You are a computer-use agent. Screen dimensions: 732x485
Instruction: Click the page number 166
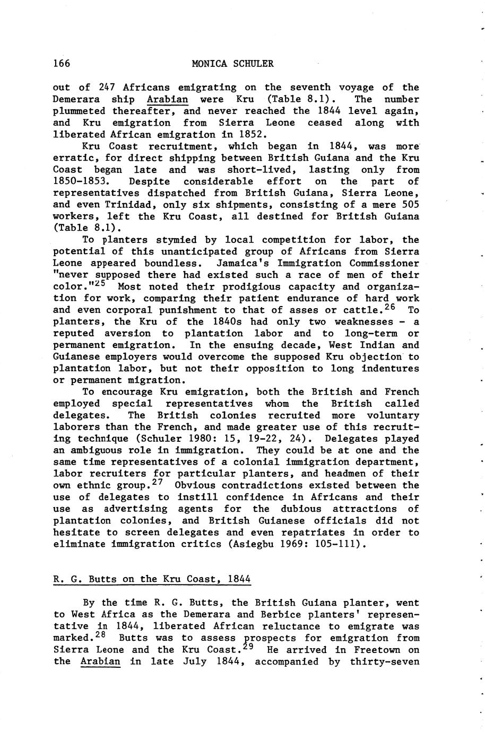point(62,64)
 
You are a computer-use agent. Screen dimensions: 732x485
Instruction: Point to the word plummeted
point(80,111)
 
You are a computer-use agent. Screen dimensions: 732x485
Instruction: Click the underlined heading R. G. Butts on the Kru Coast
point(152,579)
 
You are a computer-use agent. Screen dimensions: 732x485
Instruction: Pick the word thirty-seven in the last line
point(390,661)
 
